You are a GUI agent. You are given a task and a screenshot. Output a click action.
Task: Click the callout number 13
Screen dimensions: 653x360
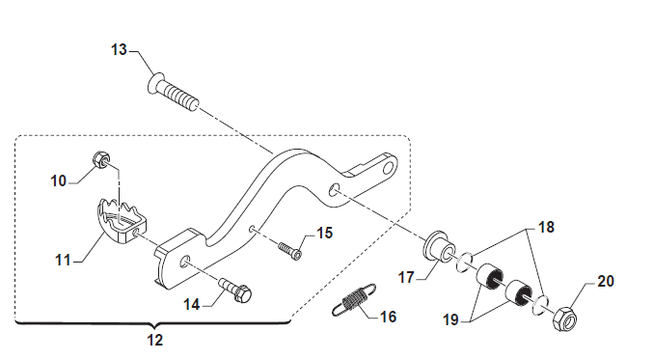(x=119, y=49)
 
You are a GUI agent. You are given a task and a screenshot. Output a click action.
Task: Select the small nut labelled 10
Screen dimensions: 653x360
(x=100, y=160)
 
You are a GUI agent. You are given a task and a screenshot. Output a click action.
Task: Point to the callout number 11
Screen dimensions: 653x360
(x=63, y=261)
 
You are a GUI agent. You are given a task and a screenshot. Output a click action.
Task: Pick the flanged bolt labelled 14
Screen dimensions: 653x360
(x=235, y=290)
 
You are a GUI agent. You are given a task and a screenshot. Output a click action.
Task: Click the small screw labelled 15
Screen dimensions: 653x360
(x=289, y=251)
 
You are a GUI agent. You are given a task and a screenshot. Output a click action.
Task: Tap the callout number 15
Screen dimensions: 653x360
(x=324, y=234)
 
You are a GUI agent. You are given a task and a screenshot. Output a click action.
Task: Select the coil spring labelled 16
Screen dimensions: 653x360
(x=354, y=299)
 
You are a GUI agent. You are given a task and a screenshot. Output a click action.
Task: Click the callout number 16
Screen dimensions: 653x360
(x=388, y=318)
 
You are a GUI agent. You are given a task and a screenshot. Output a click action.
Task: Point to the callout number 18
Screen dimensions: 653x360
(x=546, y=228)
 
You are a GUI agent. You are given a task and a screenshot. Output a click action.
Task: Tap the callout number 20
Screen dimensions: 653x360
(x=606, y=282)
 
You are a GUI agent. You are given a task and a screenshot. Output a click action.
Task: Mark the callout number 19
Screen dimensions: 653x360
(x=450, y=320)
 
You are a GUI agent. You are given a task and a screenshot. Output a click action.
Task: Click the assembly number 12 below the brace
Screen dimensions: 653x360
(x=155, y=341)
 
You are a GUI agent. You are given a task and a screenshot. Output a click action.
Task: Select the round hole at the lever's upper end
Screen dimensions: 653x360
(x=389, y=168)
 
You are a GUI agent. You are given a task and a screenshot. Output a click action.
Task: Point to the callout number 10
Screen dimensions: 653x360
(x=58, y=181)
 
